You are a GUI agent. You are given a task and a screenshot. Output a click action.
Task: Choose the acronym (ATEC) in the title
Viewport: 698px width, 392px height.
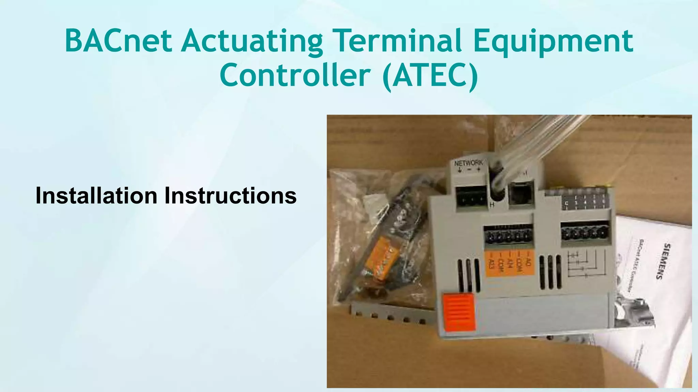[430, 76]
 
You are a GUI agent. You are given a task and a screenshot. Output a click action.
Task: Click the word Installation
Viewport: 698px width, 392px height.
[96, 196]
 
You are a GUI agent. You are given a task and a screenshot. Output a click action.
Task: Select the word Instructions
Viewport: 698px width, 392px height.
[230, 196]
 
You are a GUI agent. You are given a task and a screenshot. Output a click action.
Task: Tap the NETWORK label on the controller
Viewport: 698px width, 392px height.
[469, 163]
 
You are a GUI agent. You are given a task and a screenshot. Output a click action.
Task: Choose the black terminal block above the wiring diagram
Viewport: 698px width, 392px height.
[585, 232]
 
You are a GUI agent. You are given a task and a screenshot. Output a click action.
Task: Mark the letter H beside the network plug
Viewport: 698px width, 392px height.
[492, 205]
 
